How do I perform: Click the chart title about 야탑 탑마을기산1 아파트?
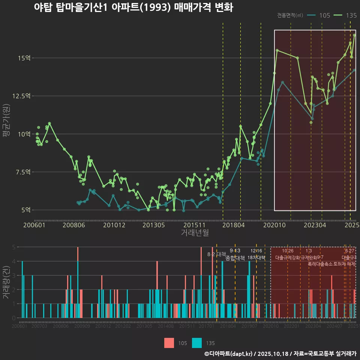click(133, 7)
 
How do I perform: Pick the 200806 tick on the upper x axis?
click(74, 225)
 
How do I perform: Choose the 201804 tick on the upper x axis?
click(234, 225)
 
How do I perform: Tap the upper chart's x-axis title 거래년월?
click(195, 233)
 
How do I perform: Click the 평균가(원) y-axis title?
click(6, 116)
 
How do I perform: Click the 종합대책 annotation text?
click(235, 258)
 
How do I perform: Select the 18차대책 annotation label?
click(256, 258)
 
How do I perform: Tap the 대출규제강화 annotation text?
click(288, 258)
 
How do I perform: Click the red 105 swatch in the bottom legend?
click(169, 343)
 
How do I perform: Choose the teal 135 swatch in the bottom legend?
click(197, 343)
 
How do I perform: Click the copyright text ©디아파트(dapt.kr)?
click(229, 354)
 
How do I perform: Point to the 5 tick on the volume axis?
click(13, 247)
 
